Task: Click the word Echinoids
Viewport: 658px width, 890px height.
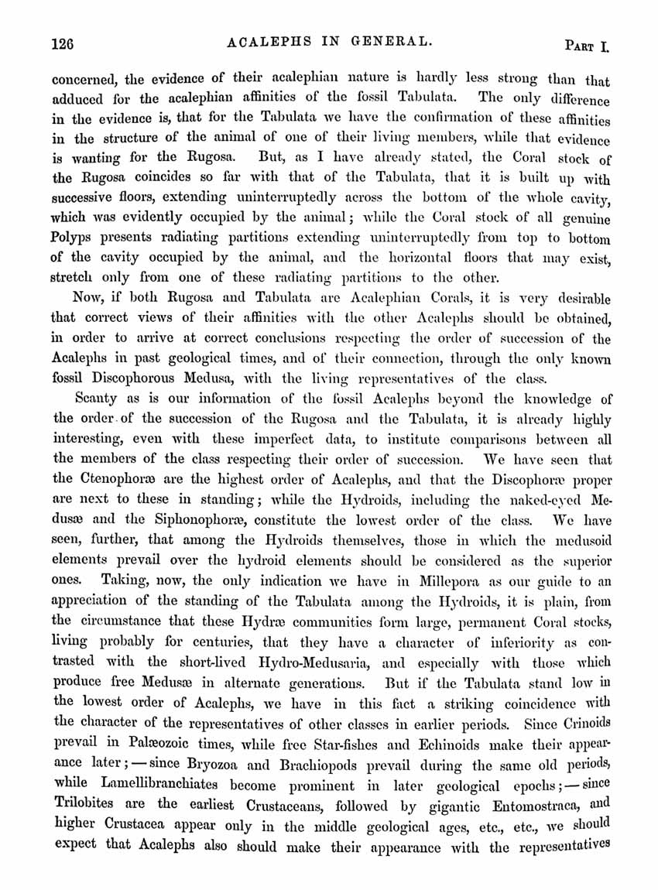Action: click(x=455, y=745)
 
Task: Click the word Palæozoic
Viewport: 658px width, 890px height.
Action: click(x=150, y=745)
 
